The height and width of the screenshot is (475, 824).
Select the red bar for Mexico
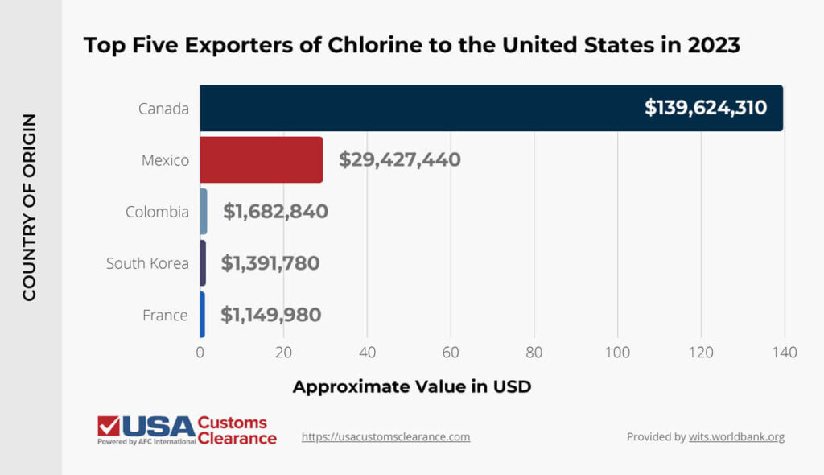(x=261, y=159)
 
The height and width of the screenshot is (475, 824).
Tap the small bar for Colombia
(x=204, y=212)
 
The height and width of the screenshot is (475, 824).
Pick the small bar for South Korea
(x=203, y=263)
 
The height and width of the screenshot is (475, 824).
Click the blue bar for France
(x=203, y=315)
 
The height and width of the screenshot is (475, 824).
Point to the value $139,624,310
(x=705, y=108)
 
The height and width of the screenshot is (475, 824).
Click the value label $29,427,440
(x=399, y=159)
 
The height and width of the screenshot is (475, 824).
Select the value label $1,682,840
(x=275, y=212)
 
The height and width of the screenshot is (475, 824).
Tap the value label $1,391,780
(x=270, y=263)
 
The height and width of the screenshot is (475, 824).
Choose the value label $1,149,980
(x=270, y=315)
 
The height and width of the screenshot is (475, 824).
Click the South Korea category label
(x=147, y=263)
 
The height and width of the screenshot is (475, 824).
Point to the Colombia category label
(x=157, y=212)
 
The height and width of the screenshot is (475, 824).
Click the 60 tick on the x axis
(x=451, y=352)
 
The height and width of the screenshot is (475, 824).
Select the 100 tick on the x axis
(x=617, y=352)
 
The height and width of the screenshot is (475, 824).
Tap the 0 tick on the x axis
(x=200, y=352)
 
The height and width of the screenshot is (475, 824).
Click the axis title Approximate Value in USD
(x=411, y=386)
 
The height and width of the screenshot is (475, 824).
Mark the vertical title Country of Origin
(x=29, y=208)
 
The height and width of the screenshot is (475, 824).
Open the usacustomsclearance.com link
(x=385, y=436)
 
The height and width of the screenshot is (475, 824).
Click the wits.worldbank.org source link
(x=735, y=436)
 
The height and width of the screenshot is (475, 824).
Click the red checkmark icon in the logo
(x=109, y=426)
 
